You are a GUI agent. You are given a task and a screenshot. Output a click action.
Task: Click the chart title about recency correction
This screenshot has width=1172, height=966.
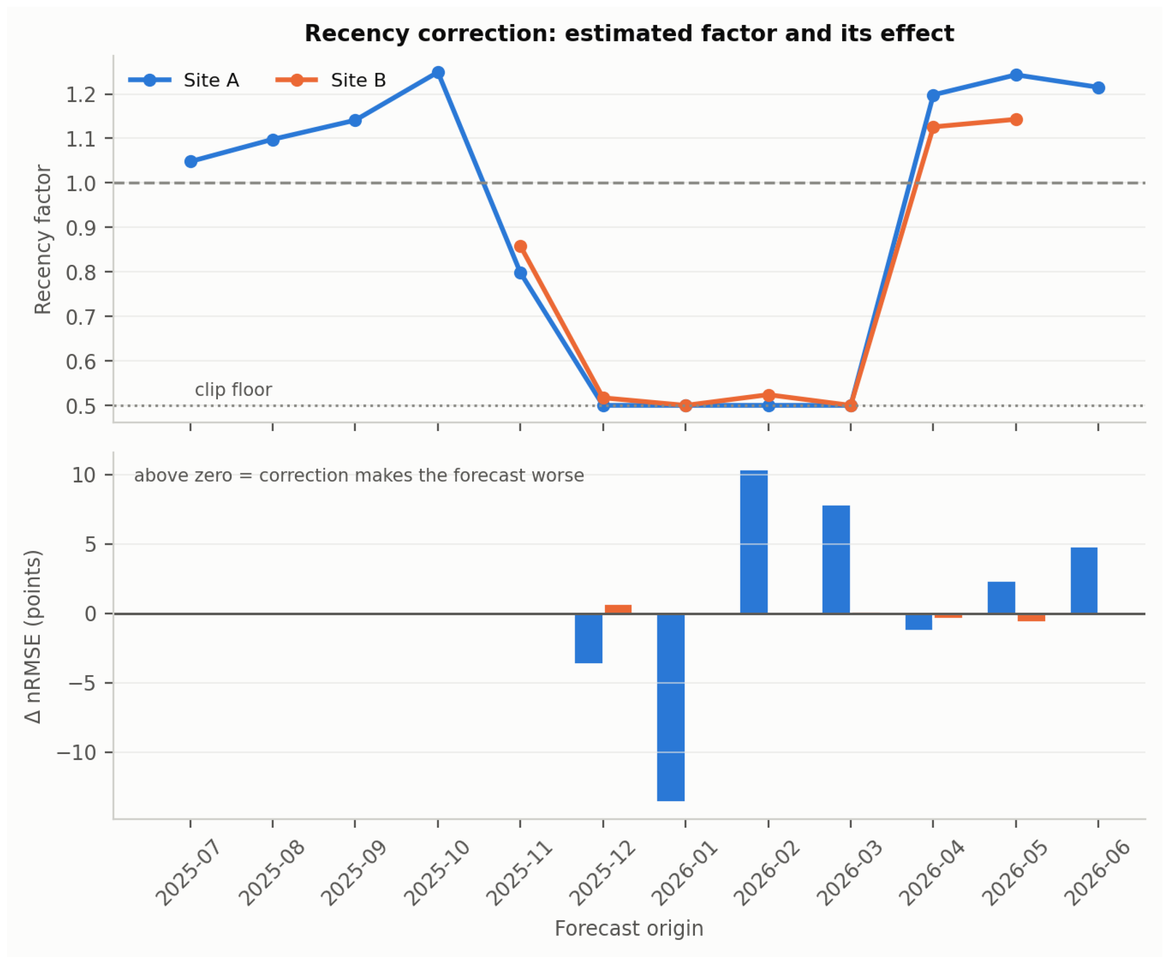pos(629,34)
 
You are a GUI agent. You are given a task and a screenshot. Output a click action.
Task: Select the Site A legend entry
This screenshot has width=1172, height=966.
pos(184,80)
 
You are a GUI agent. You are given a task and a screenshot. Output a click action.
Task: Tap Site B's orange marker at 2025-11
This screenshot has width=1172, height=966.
pos(520,246)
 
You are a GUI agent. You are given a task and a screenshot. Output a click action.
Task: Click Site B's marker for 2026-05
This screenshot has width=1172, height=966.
pos(1016,120)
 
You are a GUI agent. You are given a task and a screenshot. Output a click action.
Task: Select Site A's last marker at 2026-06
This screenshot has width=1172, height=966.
pos(1098,88)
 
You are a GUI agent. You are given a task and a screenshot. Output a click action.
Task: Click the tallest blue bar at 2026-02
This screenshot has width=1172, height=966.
pos(754,542)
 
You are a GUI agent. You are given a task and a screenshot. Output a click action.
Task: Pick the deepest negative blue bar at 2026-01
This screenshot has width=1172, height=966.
pos(671,707)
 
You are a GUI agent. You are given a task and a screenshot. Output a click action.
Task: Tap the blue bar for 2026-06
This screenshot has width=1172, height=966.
pos(1084,581)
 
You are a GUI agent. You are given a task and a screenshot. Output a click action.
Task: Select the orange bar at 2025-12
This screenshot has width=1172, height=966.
pos(618,609)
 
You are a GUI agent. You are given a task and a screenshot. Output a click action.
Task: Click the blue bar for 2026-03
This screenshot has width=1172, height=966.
pos(836,559)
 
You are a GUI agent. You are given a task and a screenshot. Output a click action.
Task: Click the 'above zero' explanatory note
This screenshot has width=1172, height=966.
pos(359,476)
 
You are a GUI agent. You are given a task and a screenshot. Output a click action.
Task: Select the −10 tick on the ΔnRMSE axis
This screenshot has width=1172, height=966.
pos(77,752)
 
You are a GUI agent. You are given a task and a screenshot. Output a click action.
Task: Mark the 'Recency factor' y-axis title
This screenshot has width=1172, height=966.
pos(43,239)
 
